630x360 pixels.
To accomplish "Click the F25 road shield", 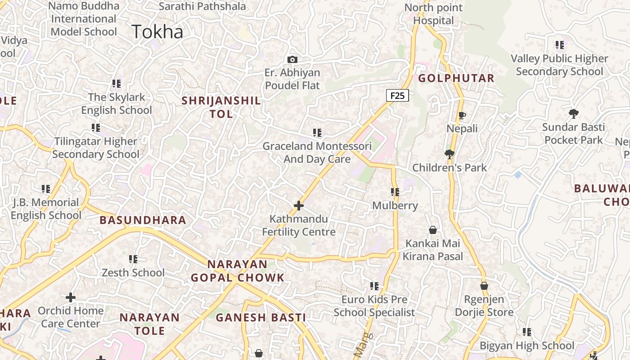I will (397, 95).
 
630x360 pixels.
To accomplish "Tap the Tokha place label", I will (157, 32).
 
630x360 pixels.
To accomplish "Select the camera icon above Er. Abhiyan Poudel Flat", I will (292, 59).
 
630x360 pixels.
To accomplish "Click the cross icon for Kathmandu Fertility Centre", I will (299, 206).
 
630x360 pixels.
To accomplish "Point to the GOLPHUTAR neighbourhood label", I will (456, 78).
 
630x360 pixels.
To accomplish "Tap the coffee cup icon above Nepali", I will (462, 116).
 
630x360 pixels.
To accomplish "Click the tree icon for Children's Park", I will (449, 154).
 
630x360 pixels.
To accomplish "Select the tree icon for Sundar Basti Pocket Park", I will (573, 113).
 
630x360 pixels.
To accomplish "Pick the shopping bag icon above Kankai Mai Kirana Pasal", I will (433, 230).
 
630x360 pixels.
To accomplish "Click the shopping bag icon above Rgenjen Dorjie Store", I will (484, 286).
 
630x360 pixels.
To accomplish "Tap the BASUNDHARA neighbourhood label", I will (143, 220).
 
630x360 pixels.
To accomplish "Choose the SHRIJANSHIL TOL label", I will (221, 107).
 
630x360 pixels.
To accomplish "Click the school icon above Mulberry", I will (395, 192).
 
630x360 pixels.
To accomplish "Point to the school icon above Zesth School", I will (133, 259).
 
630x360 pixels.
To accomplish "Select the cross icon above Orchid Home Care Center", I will (71, 297).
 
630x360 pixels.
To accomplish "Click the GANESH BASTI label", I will (261, 317).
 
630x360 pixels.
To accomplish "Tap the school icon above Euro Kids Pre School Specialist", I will (374, 286).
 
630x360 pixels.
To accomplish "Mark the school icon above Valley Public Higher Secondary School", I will (560, 45).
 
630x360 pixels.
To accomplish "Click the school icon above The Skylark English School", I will (117, 84).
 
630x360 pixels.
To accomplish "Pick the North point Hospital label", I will (434, 14).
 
